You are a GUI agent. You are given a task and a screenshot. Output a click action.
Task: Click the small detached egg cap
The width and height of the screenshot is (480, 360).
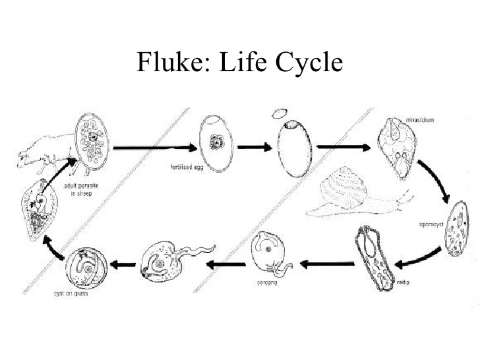point(280,112)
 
